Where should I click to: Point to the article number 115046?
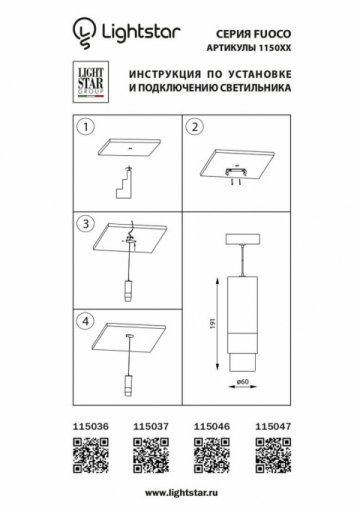[210, 426]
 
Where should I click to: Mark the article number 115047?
[271, 426]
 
